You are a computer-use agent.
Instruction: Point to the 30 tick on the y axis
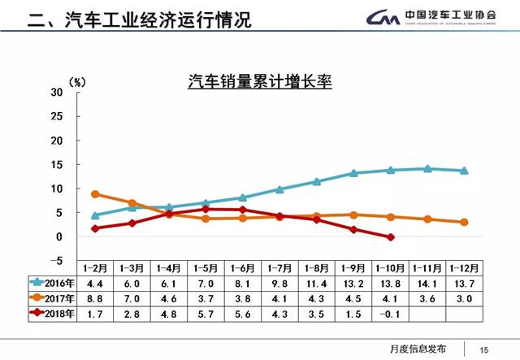(x=55, y=92)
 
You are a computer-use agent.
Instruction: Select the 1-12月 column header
(x=465, y=269)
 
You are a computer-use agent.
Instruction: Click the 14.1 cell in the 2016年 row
(x=427, y=284)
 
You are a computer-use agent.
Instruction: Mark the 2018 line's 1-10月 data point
(x=391, y=237)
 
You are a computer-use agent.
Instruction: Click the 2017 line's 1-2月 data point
(x=95, y=194)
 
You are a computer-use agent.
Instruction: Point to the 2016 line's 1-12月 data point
(x=464, y=171)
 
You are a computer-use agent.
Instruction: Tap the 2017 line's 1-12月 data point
(x=464, y=222)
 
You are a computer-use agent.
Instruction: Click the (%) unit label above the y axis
(x=78, y=81)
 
